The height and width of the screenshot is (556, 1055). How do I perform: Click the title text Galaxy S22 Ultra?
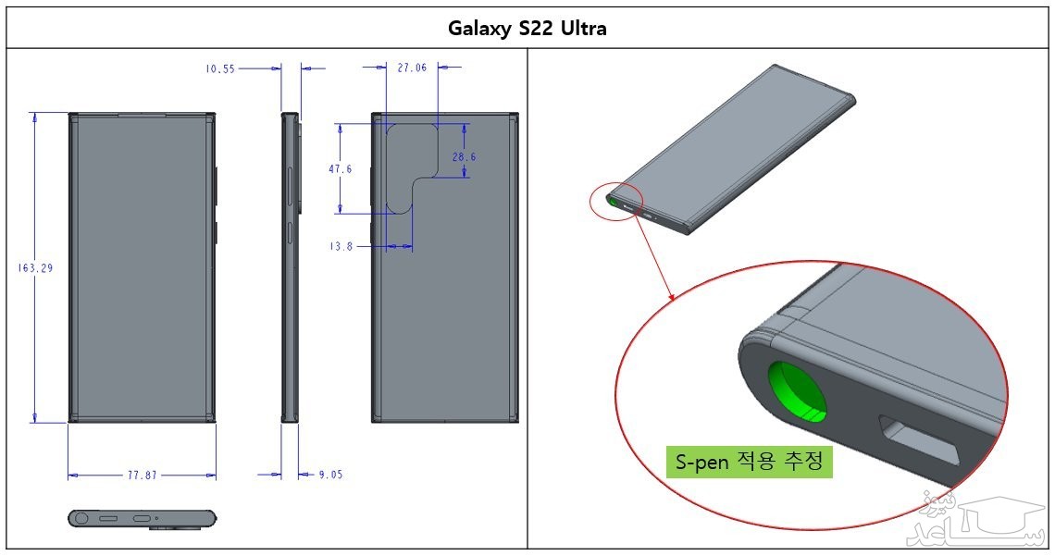tap(527, 28)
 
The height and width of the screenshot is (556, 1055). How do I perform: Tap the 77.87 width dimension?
tap(142, 476)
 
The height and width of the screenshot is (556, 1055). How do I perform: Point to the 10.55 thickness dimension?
tap(220, 68)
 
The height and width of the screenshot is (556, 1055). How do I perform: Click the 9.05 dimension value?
tap(330, 476)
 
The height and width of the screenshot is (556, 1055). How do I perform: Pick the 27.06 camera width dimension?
tap(412, 68)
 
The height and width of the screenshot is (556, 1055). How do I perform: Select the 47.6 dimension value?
tap(340, 169)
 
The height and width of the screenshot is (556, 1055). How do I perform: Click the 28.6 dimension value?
tap(464, 157)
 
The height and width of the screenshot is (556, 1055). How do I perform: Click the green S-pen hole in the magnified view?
tap(799, 390)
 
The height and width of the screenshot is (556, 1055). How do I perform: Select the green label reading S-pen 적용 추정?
tap(749, 461)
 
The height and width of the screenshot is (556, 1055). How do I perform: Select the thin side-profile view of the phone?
tap(291, 267)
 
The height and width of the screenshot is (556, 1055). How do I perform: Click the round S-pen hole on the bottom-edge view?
tap(82, 518)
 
